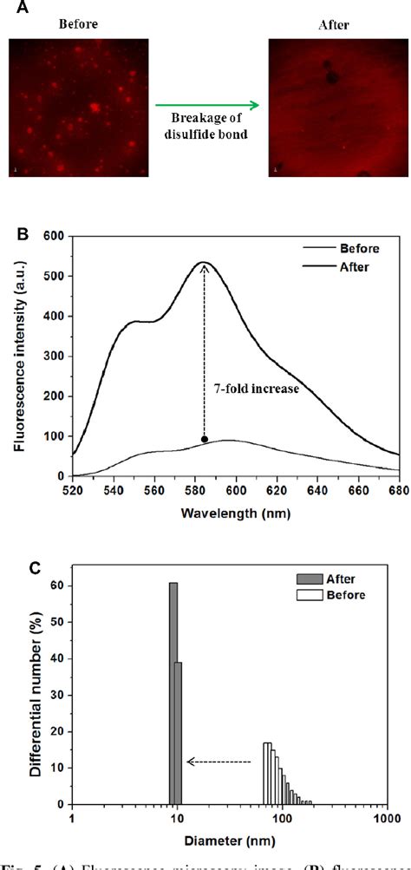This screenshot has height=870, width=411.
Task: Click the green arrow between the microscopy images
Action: tap(205, 106)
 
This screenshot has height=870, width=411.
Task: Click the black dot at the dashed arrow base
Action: tap(205, 439)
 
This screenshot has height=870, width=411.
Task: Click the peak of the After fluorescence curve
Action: tap(205, 262)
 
